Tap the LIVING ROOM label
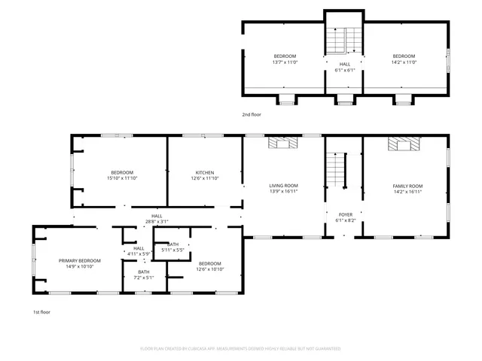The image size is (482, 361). coord(284,186)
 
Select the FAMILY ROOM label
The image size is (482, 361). coord(407,186)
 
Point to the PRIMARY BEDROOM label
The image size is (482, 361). coord(80,260)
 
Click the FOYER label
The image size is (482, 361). coord(345,214)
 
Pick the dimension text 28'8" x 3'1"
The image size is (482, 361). coord(157,222)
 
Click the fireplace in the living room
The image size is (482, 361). coord(284,143)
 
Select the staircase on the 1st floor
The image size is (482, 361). coord(336,170)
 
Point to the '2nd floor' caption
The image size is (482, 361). coord(251,115)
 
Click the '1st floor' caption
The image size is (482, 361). coord(41,311)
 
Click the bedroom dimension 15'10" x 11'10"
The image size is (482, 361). coord(122,178)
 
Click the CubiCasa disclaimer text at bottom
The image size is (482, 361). coord(240,349)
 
